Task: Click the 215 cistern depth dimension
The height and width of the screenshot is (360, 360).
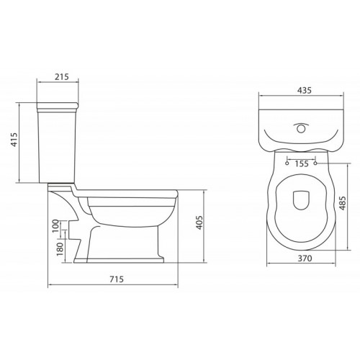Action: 60,77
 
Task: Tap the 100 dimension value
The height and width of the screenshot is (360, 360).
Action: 55,227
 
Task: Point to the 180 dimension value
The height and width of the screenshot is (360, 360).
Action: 55,249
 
